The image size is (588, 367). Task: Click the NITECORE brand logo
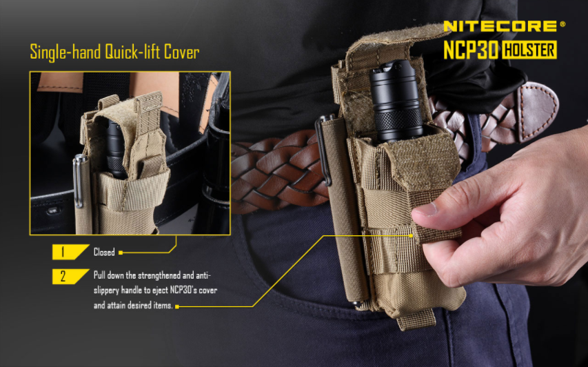[x=500, y=26]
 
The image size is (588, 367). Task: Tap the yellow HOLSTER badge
[x=529, y=50]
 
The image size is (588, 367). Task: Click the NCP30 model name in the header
[x=470, y=50]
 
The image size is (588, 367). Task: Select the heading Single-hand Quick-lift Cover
[x=114, y=52]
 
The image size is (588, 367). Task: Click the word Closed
[x=104, y=252]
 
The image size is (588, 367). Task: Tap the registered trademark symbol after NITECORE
[x=562, y=23]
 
